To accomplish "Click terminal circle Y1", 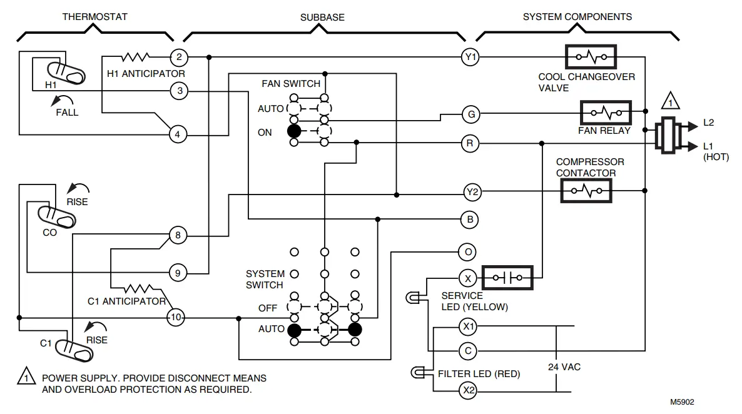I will (470, 58).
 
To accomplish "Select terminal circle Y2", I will (472, 193).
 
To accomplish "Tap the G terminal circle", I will (470, 114).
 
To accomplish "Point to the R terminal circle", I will (470, 143).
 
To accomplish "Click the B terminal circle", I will (469, 220).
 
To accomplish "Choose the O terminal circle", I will (467, 252).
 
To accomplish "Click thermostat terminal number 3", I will (179, 91).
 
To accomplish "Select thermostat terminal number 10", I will (176, 318).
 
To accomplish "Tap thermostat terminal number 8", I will (178, 236).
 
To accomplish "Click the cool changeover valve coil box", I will (591, 58).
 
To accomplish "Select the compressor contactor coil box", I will (586, 190).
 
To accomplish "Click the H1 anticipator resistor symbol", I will (136, 58).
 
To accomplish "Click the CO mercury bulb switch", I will (57, 216).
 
